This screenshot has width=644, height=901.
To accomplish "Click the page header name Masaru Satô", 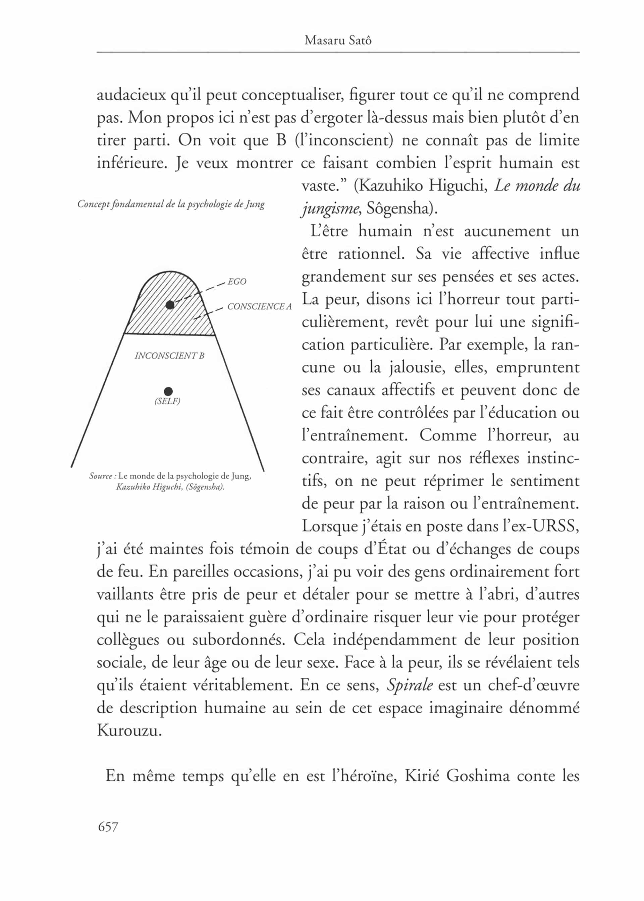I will (337, 41).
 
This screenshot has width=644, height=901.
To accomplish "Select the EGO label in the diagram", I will (237, 282).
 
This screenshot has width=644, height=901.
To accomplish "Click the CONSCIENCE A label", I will (259, 307).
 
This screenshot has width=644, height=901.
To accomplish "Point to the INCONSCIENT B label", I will (169, 356).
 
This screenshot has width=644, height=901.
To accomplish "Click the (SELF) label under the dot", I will (167, 401).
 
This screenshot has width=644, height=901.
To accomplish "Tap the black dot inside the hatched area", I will (170, 305).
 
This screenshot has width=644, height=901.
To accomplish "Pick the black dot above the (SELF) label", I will (168, 392).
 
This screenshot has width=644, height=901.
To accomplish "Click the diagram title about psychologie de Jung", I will (171, 204).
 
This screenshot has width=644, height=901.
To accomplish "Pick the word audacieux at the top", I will (131, 95).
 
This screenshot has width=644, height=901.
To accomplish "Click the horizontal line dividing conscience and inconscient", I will (169, 335).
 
